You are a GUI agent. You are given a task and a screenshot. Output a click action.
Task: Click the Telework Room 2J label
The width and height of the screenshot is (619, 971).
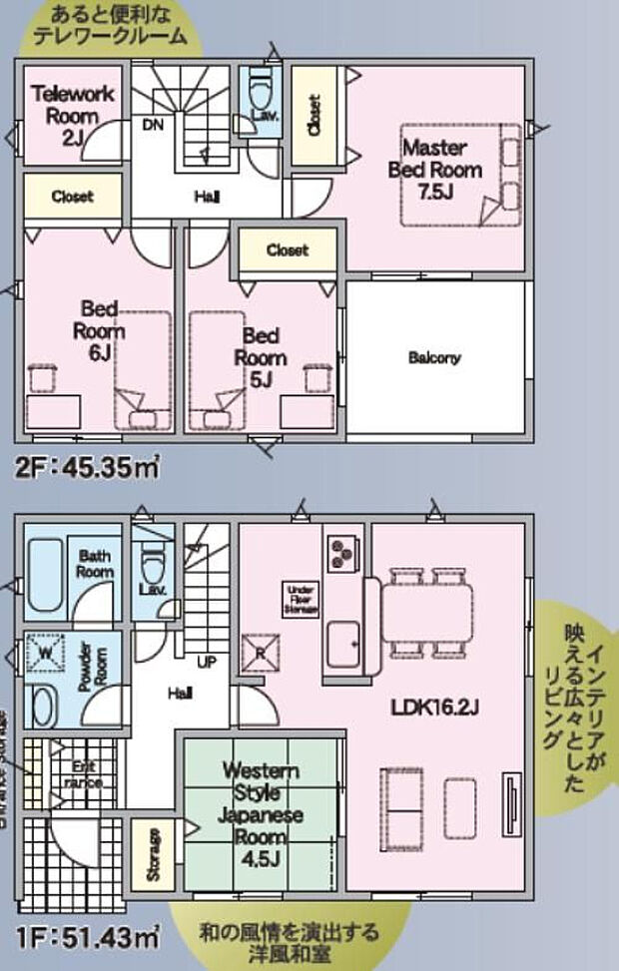click(x=72, y=116)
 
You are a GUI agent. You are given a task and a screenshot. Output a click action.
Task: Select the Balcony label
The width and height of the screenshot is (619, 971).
click(x=434, y=357)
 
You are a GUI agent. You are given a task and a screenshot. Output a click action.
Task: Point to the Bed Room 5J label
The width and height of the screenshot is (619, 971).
click(x=262, y=356)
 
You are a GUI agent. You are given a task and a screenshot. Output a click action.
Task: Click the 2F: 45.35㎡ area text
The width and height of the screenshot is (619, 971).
click(x=87, y=466)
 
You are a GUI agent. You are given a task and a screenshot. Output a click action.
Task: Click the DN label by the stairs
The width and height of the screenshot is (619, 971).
click(x=153, y=125)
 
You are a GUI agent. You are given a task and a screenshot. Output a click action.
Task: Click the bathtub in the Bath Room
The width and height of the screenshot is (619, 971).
click(x=45, y=576)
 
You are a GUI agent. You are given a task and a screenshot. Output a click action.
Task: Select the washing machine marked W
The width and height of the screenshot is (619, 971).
click(x=45, y=654)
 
